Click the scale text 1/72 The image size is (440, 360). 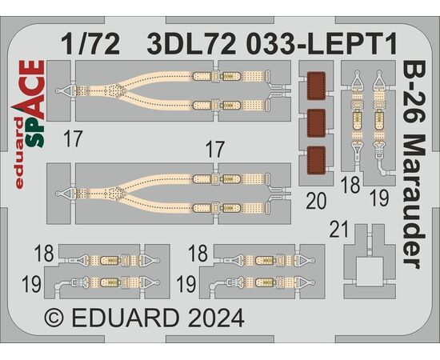pyautogui.click(x=90, y=44)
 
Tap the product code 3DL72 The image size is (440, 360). pyautogui.click(x=192, y=44)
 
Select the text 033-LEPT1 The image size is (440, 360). pyautogui.click(x=323, y=44)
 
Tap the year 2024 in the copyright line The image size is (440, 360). pyautogui.click(x=216, y=318)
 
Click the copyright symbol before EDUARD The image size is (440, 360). pyautogui.click(x=54, y=318)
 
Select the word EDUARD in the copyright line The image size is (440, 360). pyautogui.click(x=126, y=318)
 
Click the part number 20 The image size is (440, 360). pyautogui.click(x=316, y=201)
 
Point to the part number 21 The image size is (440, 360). pyautogui.click(x=338, y=230)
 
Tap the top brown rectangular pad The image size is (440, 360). pyautogui.click(x=316, y=86)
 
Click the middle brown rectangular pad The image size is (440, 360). pyautogui.click(x=316, y=123)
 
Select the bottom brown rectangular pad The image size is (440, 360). pyautogui.click(x=316, y=160)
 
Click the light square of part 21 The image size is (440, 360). pyautogui.click(x=370, y=272)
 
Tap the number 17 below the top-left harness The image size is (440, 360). pyautogui.click(x=74, y=138)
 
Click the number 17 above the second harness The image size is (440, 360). pyautogui.click(x=215, y=150)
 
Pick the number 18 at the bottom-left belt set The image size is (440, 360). pyautogui.click(x=44, y=254)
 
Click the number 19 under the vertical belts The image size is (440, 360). pyautogui.click(x=380, y=198)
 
